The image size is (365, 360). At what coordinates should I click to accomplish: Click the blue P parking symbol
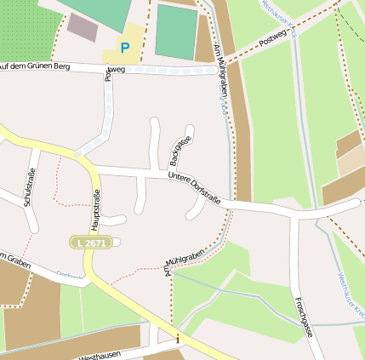tap(126, 48)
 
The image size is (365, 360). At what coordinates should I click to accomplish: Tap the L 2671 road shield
tap(90, 243)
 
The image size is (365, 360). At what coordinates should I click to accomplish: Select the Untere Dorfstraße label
tap(194, 189)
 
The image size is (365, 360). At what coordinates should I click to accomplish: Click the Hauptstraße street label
tap(95, 209)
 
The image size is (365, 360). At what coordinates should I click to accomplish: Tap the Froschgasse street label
tap(302, 317)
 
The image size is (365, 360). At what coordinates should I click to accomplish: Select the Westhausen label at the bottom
tap(99, 355)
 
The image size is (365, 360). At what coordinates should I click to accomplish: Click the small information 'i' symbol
tap(177, 340)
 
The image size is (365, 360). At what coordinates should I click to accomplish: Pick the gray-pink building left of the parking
tap(83, 26)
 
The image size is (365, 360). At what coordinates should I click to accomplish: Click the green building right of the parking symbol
tap(176, 32)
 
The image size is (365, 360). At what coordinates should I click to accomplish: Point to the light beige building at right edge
tap(351, 161)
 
